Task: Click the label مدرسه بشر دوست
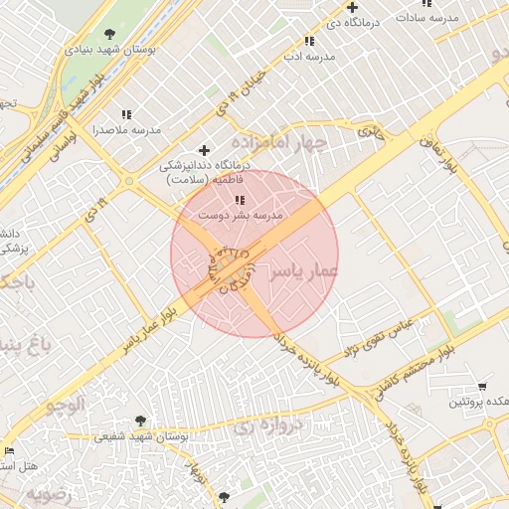pos(240,215)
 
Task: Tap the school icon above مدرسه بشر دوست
pos(239,201)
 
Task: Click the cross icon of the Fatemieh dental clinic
pos(205,150)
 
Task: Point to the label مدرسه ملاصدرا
pos(126,130)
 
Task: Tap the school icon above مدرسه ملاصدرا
pos(125,115)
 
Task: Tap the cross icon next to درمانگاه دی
pos(353,7)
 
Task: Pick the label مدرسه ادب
pos(310,57)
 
